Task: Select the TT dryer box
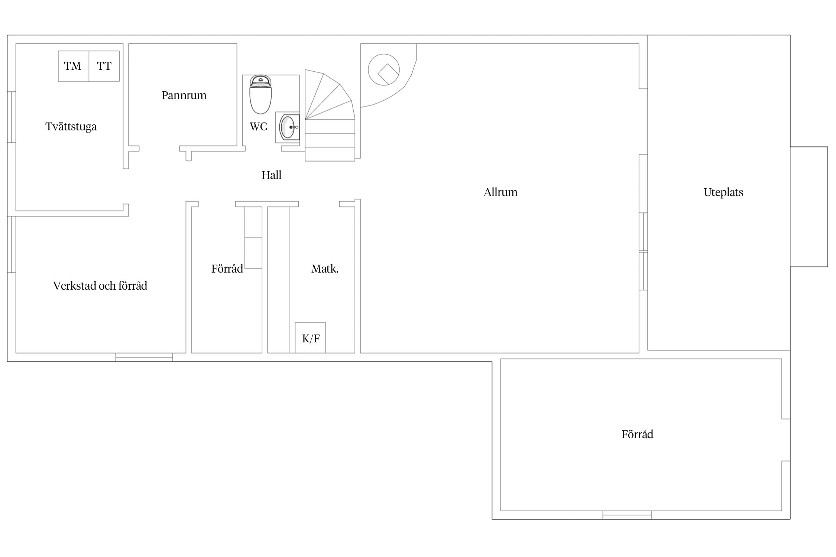point(104,66)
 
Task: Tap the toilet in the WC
point(260,94)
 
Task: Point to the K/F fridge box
point(311,338)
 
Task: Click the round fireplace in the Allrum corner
point(384,69)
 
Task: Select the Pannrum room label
point(184,95)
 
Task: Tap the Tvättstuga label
point(71,127)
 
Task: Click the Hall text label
point(271,175)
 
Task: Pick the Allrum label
point(500,192)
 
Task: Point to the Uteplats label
point(723,192)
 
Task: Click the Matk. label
point(325,268)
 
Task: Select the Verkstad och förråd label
point(100,286)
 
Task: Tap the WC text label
point(258,127)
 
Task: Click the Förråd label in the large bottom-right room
point(637,434)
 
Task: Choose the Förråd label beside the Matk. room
point(227,268)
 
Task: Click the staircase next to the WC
point(330,115)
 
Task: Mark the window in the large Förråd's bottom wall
point(627,515)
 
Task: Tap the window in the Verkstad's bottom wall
point(144,357)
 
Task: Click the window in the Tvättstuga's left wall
point(12,117)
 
